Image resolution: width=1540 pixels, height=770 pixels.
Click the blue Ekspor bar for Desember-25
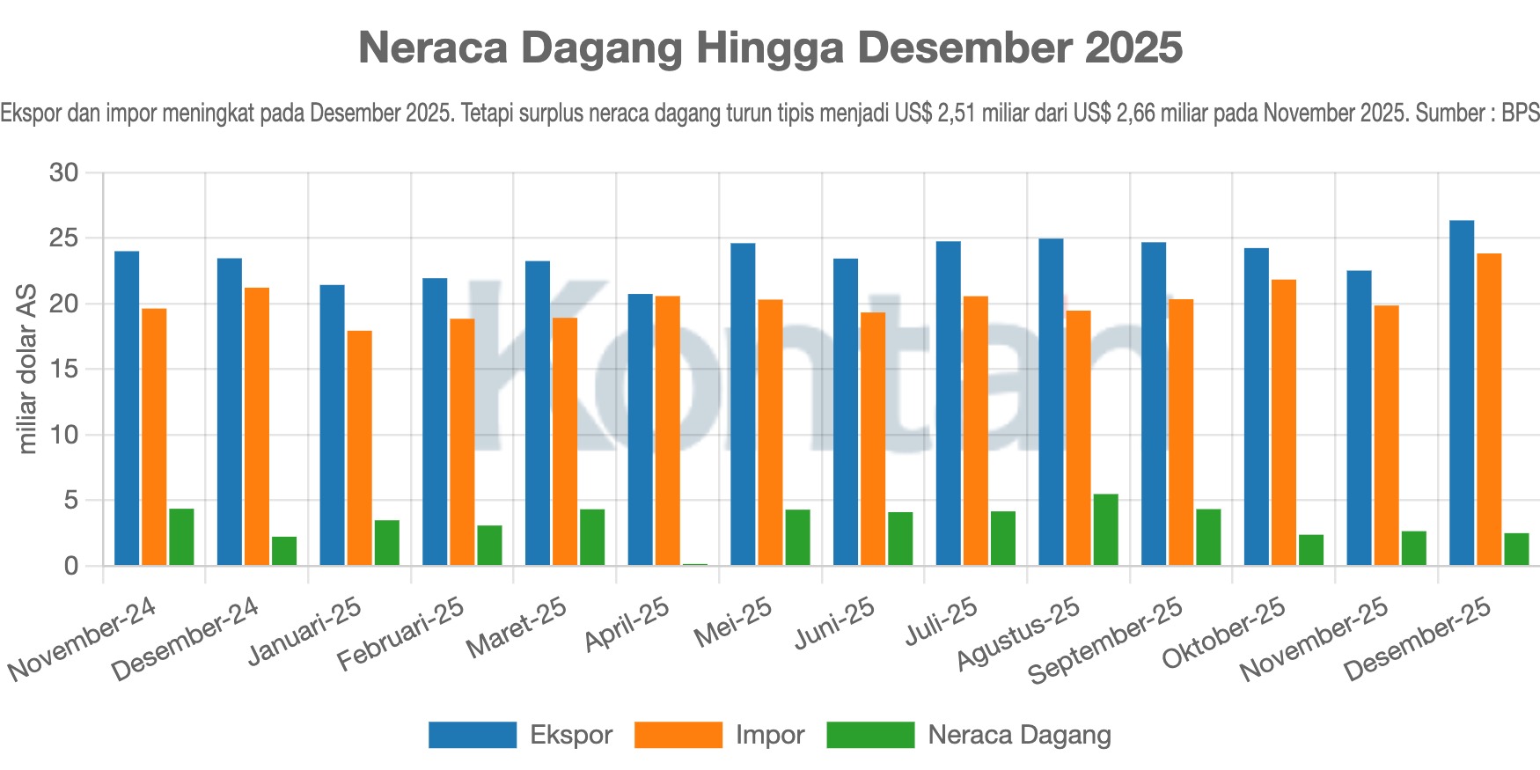1462,392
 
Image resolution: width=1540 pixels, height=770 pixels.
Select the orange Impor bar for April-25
667,430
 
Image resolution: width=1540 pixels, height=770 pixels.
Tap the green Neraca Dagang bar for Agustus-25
1105,530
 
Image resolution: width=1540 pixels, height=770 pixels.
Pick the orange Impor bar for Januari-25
359,448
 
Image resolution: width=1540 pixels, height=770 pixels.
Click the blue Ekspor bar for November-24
127,408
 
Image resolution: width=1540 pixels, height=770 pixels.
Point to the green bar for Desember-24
283,551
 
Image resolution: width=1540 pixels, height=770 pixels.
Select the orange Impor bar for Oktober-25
1283,422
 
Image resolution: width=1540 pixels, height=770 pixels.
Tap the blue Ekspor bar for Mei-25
743,404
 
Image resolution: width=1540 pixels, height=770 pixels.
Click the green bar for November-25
1413,548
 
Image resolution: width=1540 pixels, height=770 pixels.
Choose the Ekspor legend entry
520,735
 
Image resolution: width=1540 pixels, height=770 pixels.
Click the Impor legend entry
719,735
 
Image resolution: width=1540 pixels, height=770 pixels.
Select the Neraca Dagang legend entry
969,735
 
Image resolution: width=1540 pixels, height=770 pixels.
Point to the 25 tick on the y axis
64,238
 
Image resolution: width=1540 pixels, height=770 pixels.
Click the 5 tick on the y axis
71,501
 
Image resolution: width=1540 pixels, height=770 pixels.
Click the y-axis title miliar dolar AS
27,369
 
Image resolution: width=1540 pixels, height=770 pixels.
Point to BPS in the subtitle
1520,113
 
